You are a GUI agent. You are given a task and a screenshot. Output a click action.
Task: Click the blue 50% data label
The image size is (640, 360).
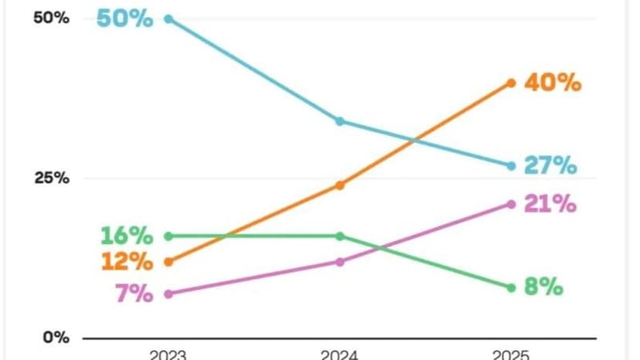click(124, 19)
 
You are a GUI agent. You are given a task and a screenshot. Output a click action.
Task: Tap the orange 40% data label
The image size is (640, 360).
click(552, 83)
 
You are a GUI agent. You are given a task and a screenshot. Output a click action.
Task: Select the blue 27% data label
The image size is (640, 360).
click(550, 165)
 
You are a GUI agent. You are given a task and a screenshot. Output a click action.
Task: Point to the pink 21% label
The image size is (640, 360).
click(550, 204)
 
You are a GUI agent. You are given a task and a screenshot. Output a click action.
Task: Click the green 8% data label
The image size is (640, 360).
click(543, 287)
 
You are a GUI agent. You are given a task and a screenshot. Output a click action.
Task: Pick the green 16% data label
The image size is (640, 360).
click(127, 236)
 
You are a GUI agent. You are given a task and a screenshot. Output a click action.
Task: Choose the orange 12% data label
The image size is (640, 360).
click(127, 262)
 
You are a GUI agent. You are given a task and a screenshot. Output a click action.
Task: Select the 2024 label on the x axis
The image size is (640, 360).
click(339, 355)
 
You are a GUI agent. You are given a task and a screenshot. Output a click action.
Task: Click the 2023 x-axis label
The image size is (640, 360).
click(169, 355)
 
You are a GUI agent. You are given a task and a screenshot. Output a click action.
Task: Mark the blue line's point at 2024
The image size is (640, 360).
click(339, 121)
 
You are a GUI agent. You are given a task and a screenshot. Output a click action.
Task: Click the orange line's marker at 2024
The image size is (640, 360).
click(339, 185)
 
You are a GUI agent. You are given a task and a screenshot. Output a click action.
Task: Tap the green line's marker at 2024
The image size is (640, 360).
click(339, 236)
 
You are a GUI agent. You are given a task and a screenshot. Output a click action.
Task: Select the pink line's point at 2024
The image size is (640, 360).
click(339, 262)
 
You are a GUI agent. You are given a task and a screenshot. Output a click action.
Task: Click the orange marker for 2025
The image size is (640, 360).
click(511, 83)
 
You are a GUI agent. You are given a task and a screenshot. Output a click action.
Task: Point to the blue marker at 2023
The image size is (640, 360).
click(169, 19)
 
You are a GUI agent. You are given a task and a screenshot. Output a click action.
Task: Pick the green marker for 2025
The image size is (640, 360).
click(511, 287)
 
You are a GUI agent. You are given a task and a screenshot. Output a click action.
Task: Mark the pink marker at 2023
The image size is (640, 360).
click(169, 294)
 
